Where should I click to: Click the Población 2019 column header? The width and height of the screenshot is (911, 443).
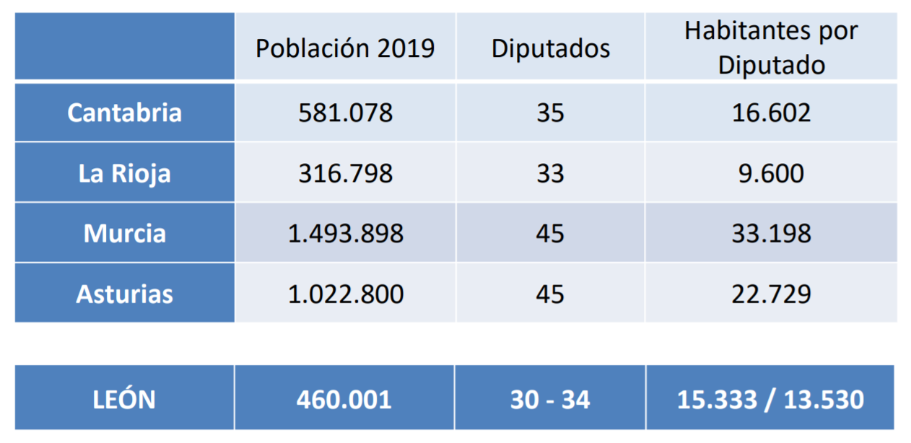[x=345, y=48]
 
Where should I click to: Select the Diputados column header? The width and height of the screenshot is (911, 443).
[x=550, y=48]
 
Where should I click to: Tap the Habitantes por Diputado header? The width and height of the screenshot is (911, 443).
[x=771, y=48]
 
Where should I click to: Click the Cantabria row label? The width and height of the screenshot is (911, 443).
[x=124, y=113]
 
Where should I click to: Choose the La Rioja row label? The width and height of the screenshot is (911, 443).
[x=124, y=174]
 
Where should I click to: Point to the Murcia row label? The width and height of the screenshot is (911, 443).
[x=124, y=234]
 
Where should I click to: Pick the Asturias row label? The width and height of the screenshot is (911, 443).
[x=124, y=294]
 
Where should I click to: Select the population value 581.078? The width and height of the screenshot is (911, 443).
[x=345, y=113]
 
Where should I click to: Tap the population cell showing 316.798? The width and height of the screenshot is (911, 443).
[x=345, y=174]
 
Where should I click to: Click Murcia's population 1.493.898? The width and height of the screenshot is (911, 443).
[x=345, y=234]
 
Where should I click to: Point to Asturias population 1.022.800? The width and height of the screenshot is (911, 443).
[x=345, y=294]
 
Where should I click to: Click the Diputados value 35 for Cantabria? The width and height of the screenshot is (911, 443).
[x=550, y=113]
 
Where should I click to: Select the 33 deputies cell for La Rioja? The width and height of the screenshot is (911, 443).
[x=550, y=174]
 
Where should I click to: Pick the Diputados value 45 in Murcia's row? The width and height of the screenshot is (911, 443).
[x=550, y=234]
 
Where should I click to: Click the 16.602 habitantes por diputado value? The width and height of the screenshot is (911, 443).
[x=771, y=113]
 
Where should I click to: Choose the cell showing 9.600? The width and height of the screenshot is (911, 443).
[x=771, y=174]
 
